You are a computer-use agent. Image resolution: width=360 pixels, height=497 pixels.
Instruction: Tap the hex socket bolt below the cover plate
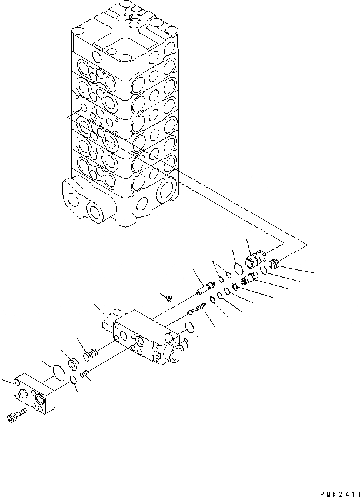tap(15, 418)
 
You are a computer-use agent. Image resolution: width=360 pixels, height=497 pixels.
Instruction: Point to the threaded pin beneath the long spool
tap(196, 309)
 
